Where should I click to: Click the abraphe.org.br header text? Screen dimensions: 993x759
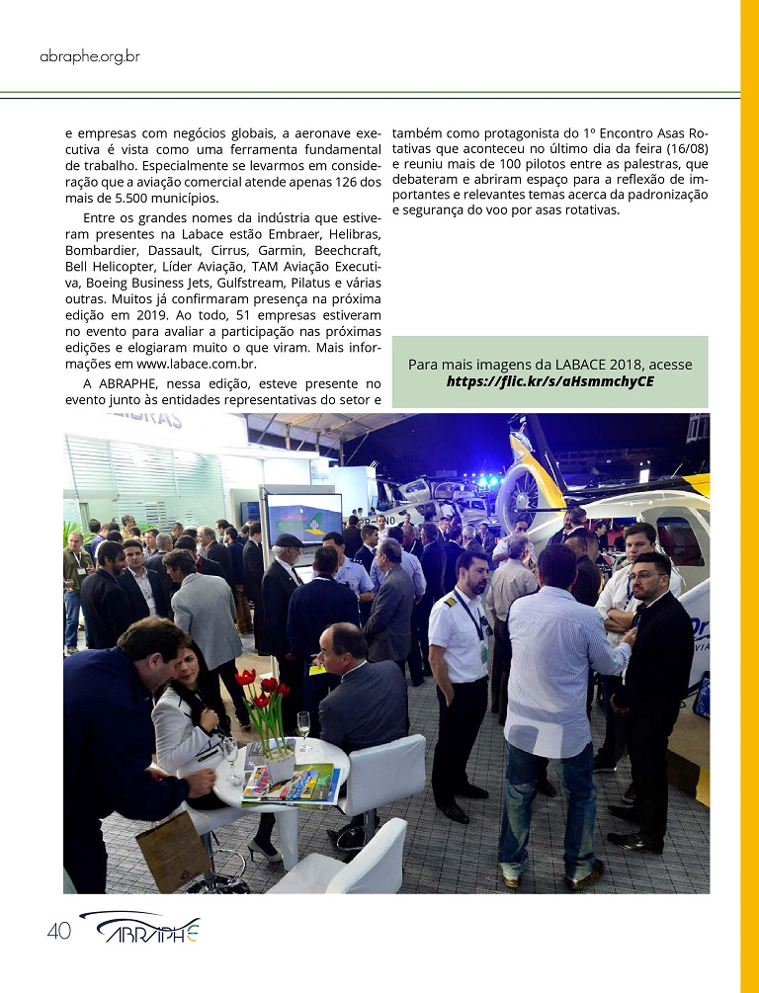point(89,56)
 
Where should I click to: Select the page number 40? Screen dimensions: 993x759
point(58,931)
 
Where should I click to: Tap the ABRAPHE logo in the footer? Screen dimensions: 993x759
point(140,929)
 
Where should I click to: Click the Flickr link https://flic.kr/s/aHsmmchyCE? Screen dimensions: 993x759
point(549,381)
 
